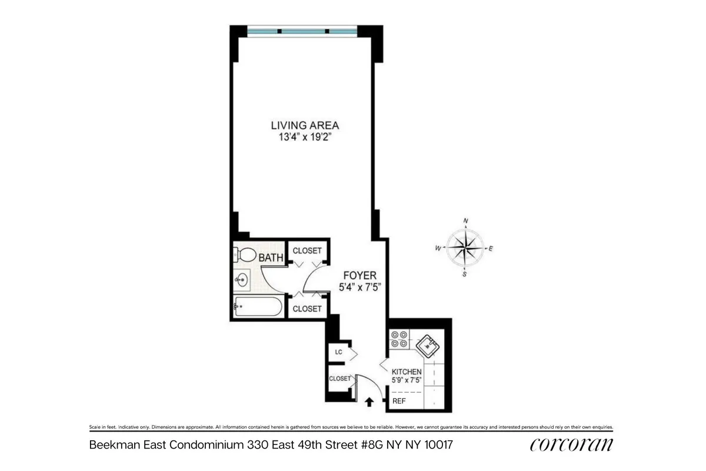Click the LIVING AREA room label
[x=305, y=125]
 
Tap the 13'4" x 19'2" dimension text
[x=305, y=137]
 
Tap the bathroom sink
[x=241, y=280]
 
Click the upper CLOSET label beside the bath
[x=307, y=251]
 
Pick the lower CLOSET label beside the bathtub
[x=307, y=309]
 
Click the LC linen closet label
[x=338, y=352]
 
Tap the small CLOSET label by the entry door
[x=340, y=379]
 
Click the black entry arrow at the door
[x=369, y=402]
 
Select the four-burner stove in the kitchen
[x=399, y=340]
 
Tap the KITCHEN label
[x=407, y=372]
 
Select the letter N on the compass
[x=465, y=221]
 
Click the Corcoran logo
[x=571, y=445]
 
